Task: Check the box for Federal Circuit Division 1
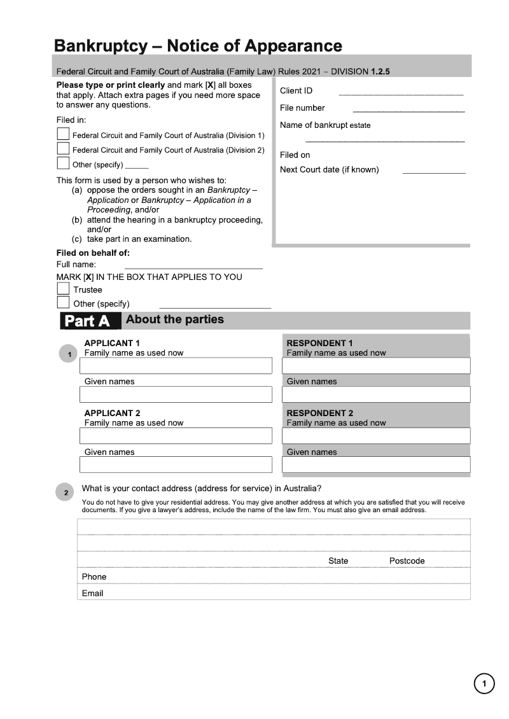point(63,134)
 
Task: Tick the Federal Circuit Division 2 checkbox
point(63,148)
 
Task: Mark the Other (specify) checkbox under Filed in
point(63,164)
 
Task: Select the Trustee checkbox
point(63,289)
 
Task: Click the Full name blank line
point(193,267)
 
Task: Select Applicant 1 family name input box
point(176,366)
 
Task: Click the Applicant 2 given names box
point(176,465)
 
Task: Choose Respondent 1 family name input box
point(376,366)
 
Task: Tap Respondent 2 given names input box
point(376,465)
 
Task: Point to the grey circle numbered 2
point(66,492)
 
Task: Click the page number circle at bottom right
point(484,684)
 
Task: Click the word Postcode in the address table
point(407,561)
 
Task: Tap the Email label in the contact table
point(92,593)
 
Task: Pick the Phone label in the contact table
point(94,576)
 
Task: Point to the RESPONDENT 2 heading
point(319,413)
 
